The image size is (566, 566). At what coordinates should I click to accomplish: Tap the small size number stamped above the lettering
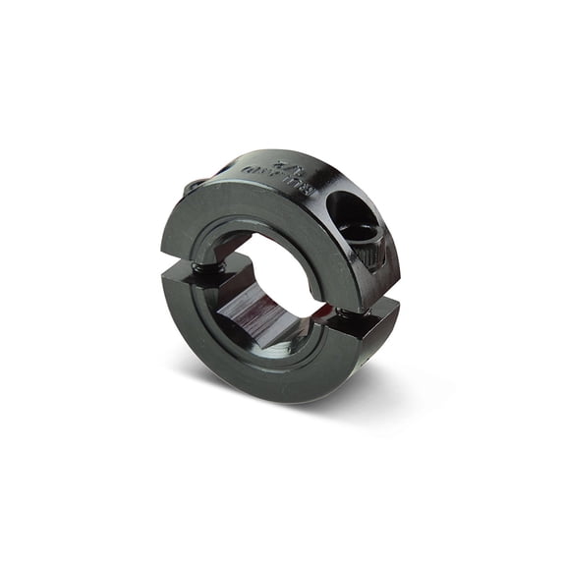pos(285,162)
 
